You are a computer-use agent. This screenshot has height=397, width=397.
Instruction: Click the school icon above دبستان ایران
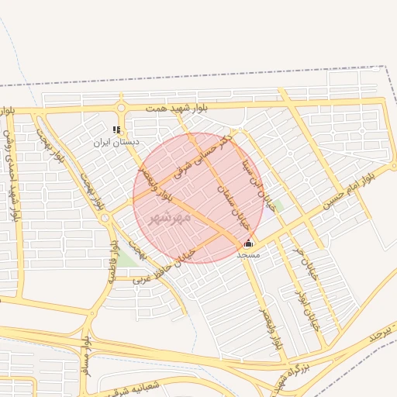click(x=116, y=130)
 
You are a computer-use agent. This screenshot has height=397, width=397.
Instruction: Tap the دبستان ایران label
click(x=116, y=142)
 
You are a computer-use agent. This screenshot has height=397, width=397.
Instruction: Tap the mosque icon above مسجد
click(x=248, y=243)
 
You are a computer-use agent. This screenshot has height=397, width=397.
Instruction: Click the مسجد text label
click(x=248, y=254)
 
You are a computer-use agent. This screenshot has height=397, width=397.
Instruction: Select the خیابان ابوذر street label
click(x=309, y=310)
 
